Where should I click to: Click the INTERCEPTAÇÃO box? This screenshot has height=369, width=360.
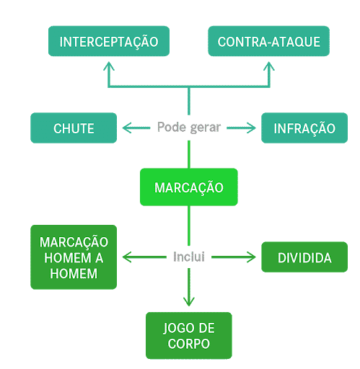[109, 42]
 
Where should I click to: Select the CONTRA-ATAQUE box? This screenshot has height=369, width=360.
[268, 42]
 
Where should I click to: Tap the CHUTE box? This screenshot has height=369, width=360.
[74, 128]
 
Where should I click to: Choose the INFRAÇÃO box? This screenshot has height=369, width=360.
[304, 128]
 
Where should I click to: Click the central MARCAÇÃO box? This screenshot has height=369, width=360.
[188, 187]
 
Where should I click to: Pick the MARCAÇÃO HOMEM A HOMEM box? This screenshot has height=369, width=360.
[74, 257]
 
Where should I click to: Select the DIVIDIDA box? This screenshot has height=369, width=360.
[304, 257]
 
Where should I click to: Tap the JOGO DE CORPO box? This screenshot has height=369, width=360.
[189, 335]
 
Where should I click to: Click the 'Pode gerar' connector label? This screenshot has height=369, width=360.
[188, 128]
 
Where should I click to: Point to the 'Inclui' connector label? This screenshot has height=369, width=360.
[189, 257]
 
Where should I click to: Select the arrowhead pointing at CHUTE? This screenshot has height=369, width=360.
[127, 128]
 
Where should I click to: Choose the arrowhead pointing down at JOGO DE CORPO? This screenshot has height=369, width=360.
[189, 302]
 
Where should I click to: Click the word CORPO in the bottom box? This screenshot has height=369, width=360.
[189, 344]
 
